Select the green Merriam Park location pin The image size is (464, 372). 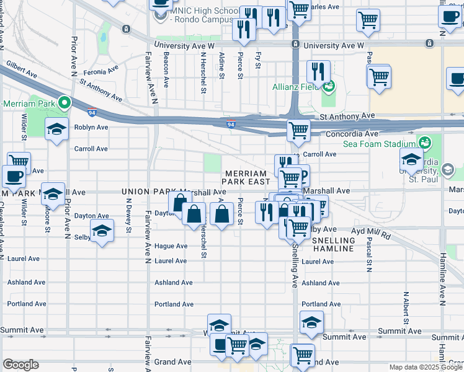click(64, 102)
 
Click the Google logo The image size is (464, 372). click(20, 365)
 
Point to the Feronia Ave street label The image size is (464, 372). click(100, 71)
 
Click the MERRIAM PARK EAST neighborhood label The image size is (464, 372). click(247, 178)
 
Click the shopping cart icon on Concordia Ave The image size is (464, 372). click(299, 130)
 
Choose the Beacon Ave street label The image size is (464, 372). click(165, 69)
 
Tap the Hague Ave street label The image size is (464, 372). click(171, 246)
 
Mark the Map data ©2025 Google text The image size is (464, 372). click(425, 367)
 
